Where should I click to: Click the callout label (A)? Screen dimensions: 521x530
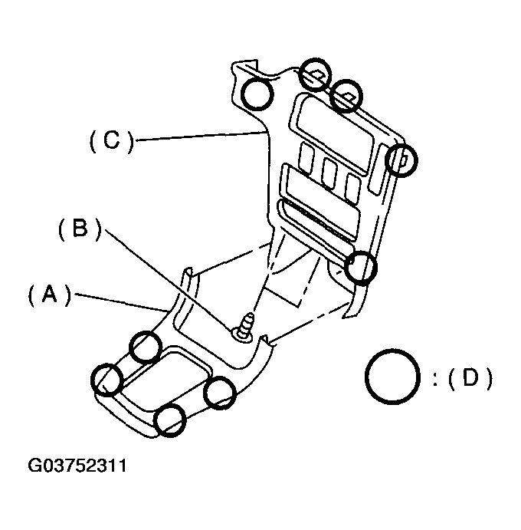50,295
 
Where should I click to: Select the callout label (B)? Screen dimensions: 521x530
80,229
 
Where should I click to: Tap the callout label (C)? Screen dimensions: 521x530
112,141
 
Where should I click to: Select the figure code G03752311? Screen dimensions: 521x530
77,466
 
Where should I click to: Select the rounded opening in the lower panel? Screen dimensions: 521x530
165,378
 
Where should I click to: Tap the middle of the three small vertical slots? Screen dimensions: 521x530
329,173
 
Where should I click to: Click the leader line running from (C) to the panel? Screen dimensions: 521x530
199,136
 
